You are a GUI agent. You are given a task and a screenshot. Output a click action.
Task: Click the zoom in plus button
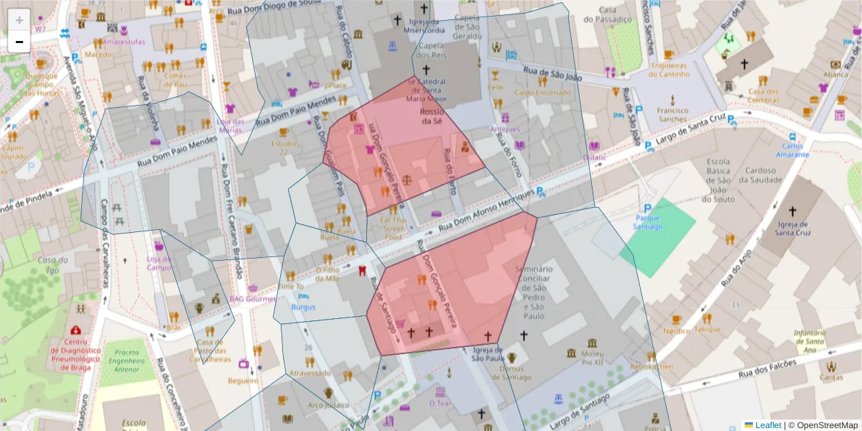(x=19, y=20)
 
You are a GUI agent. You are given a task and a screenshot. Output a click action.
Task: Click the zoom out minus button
(x=19, y=42)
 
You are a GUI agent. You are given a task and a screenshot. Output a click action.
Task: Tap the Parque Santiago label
(x=648, y=222)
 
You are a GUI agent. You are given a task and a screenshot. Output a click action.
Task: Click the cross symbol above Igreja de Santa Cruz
(x=792, y=211)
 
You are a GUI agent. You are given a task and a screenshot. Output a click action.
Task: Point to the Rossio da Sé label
(x=432, y=116)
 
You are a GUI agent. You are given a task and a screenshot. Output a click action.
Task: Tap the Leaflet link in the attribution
(x=767, y=425)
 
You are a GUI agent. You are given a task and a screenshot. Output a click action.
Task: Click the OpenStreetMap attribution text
(x=823, y=425)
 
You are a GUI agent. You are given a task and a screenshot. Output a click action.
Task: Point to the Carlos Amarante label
(x=795, y=150)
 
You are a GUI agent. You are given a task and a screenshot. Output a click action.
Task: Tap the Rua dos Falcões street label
(x=767, y=369)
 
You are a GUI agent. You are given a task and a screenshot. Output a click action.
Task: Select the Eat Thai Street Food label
(x=393, y=228)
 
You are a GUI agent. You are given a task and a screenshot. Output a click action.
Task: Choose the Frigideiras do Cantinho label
(x=669, y=70)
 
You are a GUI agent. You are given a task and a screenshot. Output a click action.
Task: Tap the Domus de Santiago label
(x=511, y=373)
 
